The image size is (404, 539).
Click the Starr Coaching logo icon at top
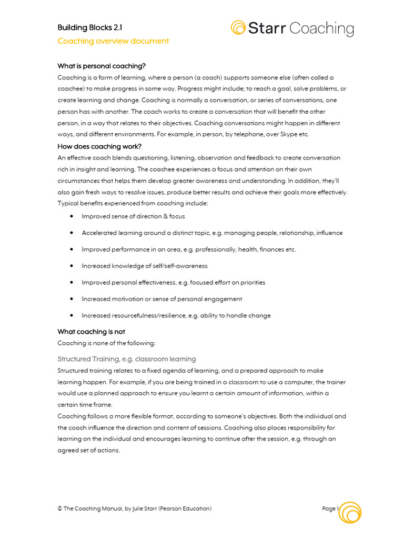[x=238, y=27]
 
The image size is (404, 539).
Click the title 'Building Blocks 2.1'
[x=90, y=27]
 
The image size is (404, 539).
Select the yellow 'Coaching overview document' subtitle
[x=113, y=41]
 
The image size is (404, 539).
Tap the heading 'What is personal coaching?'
[x=102, y=66]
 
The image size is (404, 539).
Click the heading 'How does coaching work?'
[x=99, y=146]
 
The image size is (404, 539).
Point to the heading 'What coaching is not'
[x=91, y=332]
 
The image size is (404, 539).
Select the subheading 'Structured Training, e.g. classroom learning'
[x=126, y=359]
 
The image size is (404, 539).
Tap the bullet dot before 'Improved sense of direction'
[x=71, y=216]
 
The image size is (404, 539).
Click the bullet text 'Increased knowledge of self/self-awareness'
[x=145, y=266]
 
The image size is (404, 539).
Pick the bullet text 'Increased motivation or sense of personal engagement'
[x=162, y=299]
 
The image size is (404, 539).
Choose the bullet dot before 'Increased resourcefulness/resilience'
[x=71, y=316]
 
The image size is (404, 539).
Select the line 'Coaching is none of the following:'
[x=106, y=343]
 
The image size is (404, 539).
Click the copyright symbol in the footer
[x=60, y=509]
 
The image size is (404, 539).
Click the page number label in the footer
[x=330, y=509]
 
